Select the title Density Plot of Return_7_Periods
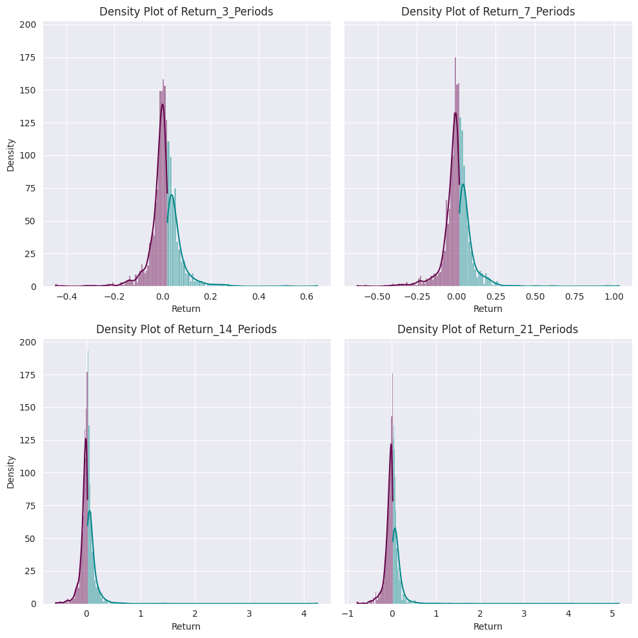pos(488,12)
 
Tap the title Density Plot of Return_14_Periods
pos(186,329)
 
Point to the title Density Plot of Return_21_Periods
pos(488,329)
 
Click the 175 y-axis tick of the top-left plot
pos(28,57)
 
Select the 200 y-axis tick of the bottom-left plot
pos(28,342)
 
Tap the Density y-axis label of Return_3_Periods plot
pos(11,155)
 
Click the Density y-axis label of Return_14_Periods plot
pos(11,472)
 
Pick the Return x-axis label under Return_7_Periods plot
pos(488,309)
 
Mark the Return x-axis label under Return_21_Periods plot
pos(488,626)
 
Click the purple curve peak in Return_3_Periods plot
pos(162,104)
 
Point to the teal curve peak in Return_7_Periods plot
pos(463,184)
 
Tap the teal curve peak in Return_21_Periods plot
pos(395,528)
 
